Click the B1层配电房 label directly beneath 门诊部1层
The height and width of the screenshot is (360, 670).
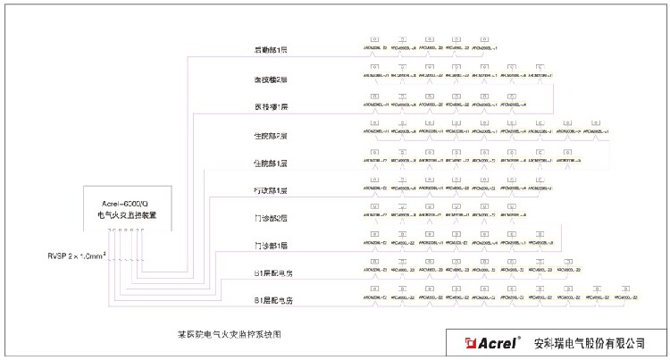click(273, 273)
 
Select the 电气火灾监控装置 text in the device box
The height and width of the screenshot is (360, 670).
click(126, 216)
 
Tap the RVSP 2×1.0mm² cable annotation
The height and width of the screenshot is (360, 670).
click(78, 255)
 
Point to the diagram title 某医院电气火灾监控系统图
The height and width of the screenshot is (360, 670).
click(230, 333)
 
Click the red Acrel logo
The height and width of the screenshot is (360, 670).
click(487, 343)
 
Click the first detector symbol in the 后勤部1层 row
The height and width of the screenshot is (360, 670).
click(374, 39)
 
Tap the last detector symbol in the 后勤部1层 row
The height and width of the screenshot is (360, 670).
click(485, 39)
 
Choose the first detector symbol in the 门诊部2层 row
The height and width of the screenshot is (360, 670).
click(374, 206)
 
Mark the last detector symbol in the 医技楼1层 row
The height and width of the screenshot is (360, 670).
click(513, 96)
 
